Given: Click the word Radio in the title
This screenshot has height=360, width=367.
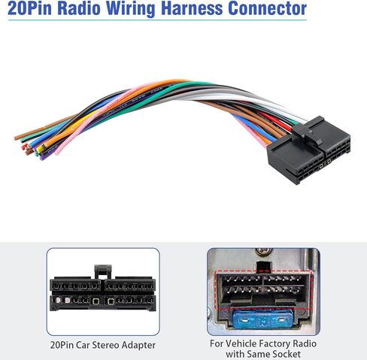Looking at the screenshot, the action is pyautogui.click(x=79, y=8).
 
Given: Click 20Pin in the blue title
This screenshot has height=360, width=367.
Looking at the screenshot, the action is pyautogui.click(x=29, y=8).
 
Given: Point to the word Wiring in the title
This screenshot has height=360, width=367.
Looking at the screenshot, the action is pyautogui.click(x=131, y=9).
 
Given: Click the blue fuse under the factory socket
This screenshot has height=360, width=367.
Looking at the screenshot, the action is pyautogui.click(x=262, y=319).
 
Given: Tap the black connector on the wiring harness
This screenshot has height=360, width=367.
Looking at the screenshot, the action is pyautogui.click(x=309, y=151).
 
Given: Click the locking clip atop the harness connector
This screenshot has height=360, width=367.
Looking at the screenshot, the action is pyautogui.click(x=308, y=129).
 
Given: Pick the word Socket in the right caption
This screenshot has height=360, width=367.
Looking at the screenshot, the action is pyautogui.click(x=286, y=354).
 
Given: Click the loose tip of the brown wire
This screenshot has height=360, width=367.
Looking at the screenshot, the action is pyautogui.click(x=17, y=138).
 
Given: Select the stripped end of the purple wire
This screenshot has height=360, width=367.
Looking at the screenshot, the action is pyautogui.click(x=41, y=158).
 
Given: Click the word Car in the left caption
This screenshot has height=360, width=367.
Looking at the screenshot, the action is pyautogui.click(x=83, y=345).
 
